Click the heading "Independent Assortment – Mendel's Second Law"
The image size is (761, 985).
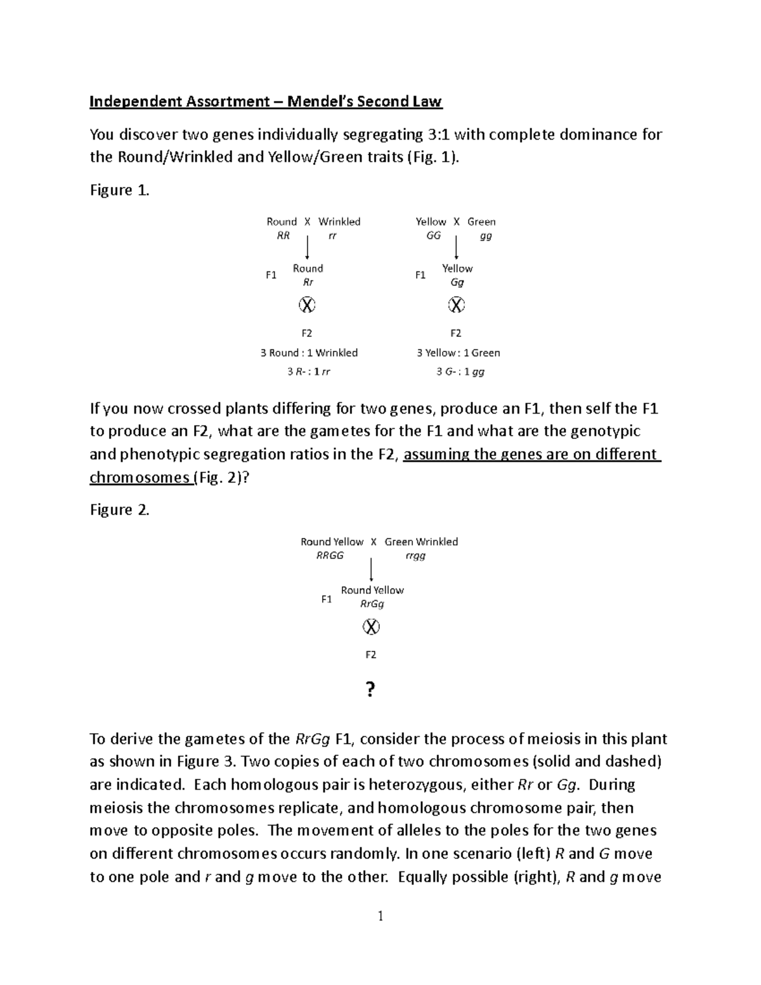pyautogui.click(x=265, y=101)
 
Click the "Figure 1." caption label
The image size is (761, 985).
pyautogui.click(x=119, y=190)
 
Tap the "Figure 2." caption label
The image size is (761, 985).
pyautogui.click(x=119, y=510)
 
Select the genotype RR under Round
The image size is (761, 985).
pyautogui.click(x=283, y=235)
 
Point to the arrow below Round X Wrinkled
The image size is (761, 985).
pyautogui.click(x=308, y=247)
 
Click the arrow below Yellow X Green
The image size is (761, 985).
pyautogui.click(x=457, y=247)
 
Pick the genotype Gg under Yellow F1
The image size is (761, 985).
pyautogui.click(x=457, y=282)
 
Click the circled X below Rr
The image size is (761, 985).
pyautogui.click(x=307, y=305)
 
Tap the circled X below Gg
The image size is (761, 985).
pyautogui.click(x=457, y=305)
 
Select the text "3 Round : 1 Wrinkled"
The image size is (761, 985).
pyautogui.click(x=309, y=353)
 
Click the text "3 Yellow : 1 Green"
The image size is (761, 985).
pyautogui.click(x=458, y=353)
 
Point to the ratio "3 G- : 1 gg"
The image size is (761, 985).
pyautogui.click(x=460, y=372)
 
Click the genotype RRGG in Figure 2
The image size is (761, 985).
pyautogui.click(x=330, y=556)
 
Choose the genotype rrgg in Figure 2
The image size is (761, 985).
pyautogui.click(x=415, y=556)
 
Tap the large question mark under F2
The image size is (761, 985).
pyautogui.click(x=371, y=689)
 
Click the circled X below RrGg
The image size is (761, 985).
pyautogui.click(x=371, y=627)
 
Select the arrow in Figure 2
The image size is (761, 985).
pyautogui.click(x=371, y=569)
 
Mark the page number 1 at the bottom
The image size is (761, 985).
pyautogui.click(x=380, y=916)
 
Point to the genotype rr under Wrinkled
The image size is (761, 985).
pyautogui.click(x=332, y=235)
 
